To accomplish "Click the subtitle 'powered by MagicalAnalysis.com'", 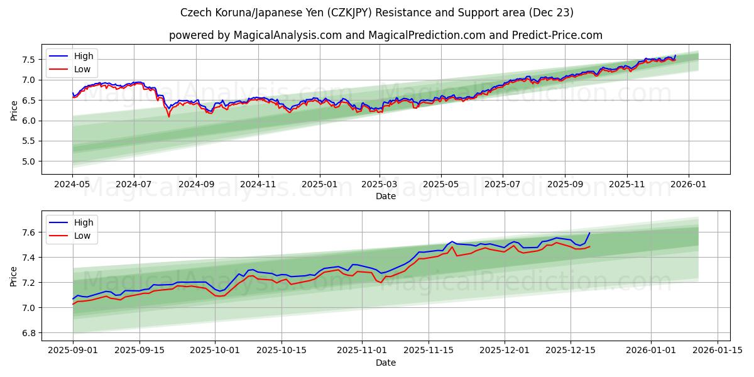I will (x=385, y=35).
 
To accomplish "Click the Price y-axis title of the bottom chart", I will (x=14, y=276).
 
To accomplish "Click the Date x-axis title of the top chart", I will (x=385, y=196).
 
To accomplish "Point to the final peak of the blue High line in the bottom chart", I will (x=589, y=233).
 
